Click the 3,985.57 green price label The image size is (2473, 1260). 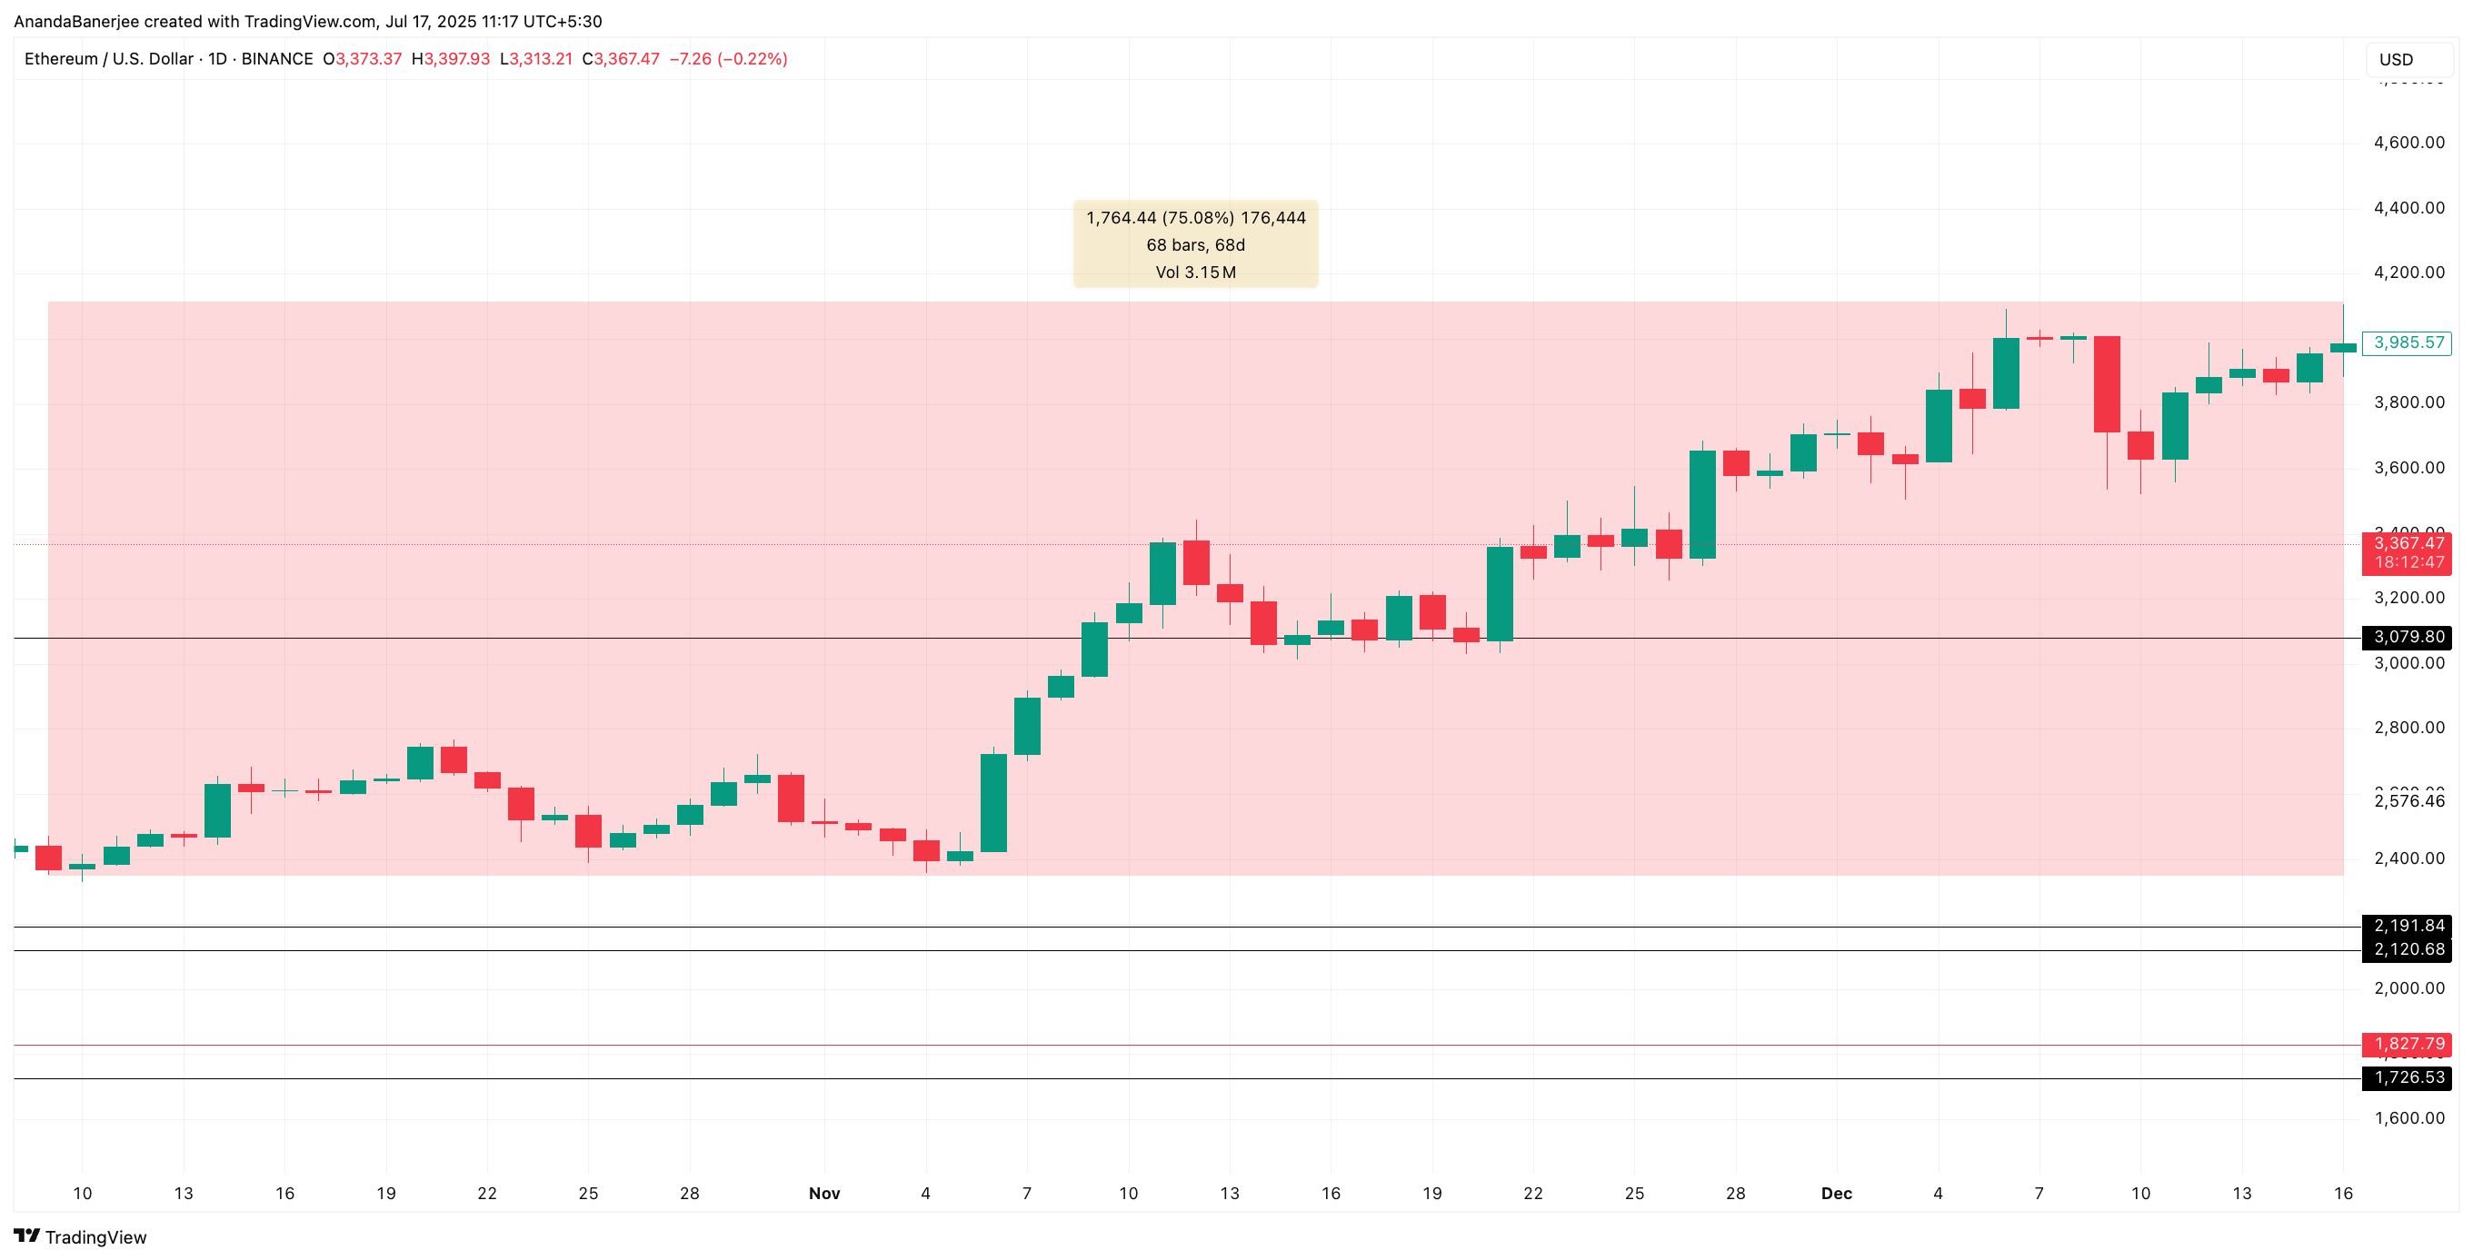(2407, 342)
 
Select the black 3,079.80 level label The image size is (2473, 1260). (2407, 637)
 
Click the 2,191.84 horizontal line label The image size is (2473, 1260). (2407, 926)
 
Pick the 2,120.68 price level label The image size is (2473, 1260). (2407, 950)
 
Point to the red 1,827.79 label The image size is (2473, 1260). (2407, 1044)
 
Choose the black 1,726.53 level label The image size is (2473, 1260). (2407, 1077)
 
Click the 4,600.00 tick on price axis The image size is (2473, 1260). (2408, 143)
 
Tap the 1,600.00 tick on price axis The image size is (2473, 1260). (2408, 1118)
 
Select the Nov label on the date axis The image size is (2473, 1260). (823, 1194)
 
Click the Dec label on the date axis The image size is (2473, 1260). (1837, 1194)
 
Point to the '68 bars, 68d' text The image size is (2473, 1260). (1195, 245)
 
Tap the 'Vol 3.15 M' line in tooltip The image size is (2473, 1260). (1195, 273)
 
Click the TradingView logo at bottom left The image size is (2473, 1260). (81, 1237)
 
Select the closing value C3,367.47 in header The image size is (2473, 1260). (621, 59)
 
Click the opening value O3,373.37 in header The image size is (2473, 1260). (363, 59)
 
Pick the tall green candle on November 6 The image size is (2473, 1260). (993, 802)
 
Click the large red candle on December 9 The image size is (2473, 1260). (2106, 384)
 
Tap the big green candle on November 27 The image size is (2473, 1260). (1702, 504)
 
